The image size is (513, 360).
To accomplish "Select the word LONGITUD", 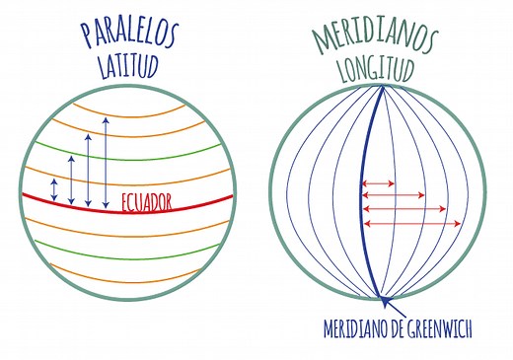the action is coord(379,70).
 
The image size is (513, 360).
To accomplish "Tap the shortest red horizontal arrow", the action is coord(379,183).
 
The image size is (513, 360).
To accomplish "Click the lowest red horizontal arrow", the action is coord(411,224).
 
